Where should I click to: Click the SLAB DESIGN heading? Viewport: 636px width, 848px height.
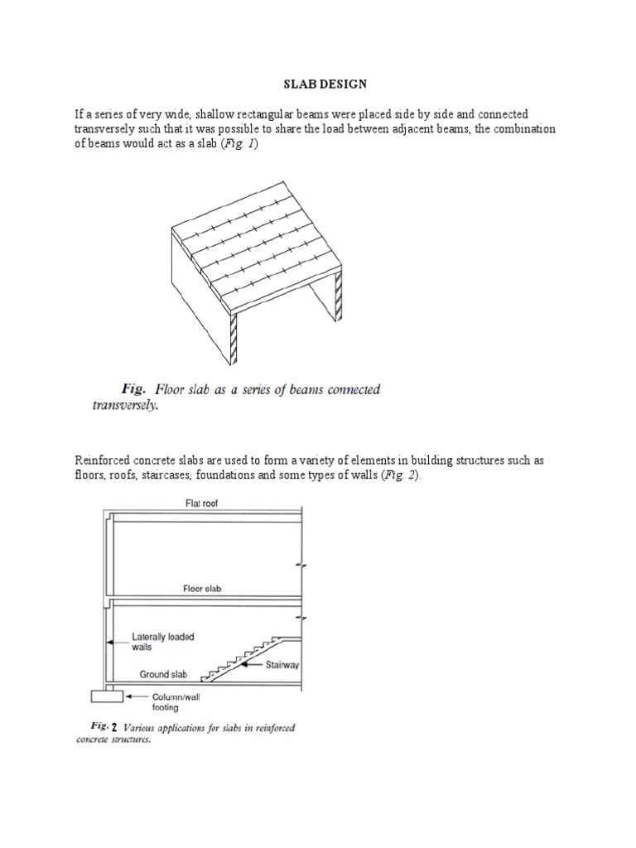click(x=318, y=84)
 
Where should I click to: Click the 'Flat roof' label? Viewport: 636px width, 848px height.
click(x=202, y=503)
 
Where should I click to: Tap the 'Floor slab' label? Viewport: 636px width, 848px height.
click(x=202, y=589)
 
